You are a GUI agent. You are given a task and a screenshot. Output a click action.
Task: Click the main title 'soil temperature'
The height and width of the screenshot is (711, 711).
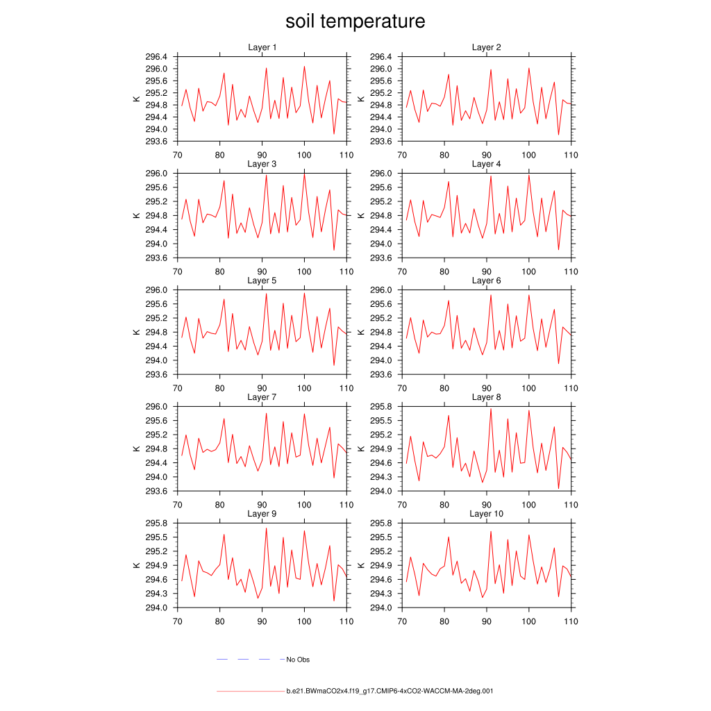pos(355,22)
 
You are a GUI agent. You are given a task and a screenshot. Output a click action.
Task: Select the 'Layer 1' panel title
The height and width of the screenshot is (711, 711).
pos(262,47)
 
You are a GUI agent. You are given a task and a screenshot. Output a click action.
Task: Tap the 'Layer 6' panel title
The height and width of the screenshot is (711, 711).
pos(486,281)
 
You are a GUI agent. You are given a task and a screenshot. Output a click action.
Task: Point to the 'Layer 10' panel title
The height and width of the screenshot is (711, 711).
pos(486,514)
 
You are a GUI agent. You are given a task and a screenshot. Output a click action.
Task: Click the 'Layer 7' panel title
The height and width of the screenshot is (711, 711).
pos(262,397)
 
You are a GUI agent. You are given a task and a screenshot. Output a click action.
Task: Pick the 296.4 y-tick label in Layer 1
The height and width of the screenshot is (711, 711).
pos(157,57)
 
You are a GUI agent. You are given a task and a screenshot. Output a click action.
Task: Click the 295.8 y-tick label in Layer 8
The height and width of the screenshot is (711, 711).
pos(382,407)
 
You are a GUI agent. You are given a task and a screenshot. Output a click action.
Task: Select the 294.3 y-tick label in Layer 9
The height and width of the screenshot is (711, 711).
pos(157,594)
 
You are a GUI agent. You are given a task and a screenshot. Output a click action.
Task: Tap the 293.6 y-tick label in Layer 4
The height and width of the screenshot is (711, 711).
pos(382,258)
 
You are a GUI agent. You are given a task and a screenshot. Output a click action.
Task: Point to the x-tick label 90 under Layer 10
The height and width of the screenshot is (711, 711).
pos(487,621)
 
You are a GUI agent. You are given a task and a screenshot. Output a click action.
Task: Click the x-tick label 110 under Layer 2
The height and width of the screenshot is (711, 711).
pos(571,155)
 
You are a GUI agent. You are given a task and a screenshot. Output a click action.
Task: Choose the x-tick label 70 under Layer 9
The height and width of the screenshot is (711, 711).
pos(177,621)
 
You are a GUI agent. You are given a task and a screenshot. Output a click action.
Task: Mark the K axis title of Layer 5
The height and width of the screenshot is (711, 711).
pos(136,332)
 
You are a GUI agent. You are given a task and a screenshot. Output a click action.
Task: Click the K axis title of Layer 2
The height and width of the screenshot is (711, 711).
pos(361,99)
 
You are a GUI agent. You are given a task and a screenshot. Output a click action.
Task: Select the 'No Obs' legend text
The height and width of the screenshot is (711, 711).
pos(298,660)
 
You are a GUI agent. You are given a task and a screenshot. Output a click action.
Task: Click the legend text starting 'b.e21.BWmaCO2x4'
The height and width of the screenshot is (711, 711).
pos(390,692)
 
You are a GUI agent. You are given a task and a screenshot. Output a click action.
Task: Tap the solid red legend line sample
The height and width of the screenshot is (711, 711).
pos(250,692)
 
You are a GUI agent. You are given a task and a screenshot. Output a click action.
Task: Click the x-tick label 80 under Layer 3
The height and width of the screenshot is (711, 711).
pos(219,271)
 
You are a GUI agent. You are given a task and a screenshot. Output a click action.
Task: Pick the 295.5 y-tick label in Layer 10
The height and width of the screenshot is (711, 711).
pos(382,537)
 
